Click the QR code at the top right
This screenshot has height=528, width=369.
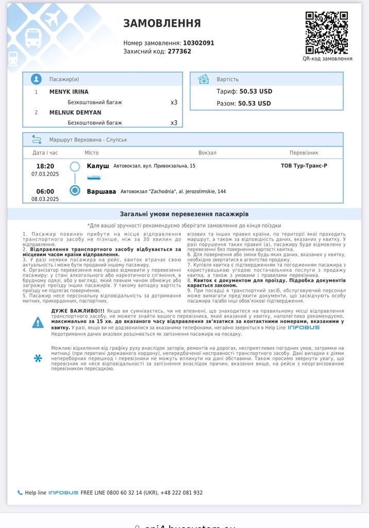[326, 32]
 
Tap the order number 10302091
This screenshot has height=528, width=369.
[198, 43]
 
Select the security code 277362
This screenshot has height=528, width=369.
[179, 52]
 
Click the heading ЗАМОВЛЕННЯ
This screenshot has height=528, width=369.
[162, 23]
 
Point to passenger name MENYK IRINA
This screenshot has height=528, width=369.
[69, 92]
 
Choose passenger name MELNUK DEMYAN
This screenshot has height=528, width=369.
[75, 112]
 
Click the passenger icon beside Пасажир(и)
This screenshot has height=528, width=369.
[36, 79]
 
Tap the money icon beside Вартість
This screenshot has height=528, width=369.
[204, 79]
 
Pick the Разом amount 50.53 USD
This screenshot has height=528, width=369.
[254, 103]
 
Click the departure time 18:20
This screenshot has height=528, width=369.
[45, 166]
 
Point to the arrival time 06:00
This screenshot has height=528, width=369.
[45, 191]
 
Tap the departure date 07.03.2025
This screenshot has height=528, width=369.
[45, 174]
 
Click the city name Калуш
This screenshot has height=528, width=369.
[98, 166]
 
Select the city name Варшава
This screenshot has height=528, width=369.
[102, 191]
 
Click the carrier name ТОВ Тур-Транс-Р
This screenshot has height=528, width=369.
[304, 166]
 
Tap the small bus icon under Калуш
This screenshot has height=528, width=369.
[94, 178]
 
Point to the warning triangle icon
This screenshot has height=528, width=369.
[38, 323]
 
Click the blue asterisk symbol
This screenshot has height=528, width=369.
[38, 358]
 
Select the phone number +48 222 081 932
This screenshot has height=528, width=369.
[182, 493]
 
